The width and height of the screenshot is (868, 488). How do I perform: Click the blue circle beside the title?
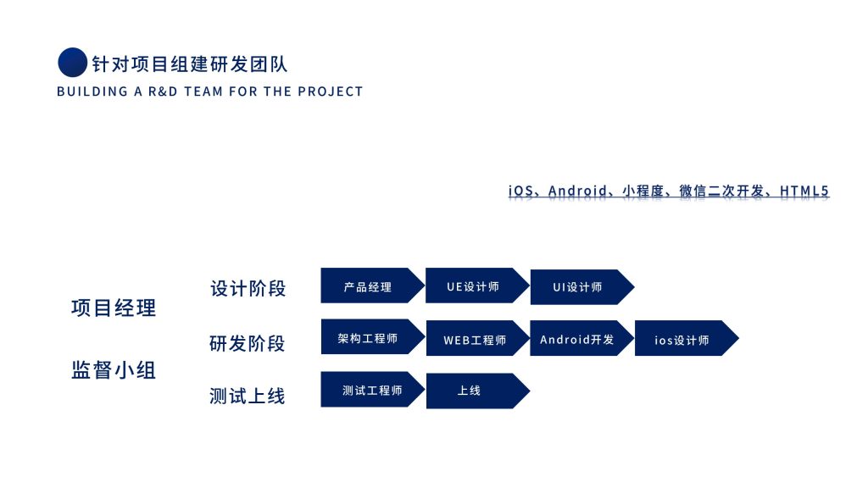click(x=72, y=63)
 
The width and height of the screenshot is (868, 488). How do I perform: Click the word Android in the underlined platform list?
click(x=577, y=191)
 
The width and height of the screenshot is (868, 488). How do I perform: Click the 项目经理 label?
click(x=114, y=308)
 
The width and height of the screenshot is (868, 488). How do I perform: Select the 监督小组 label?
click(x=114, y=369)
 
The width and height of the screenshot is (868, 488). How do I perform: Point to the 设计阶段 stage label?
click(x=248, y=288)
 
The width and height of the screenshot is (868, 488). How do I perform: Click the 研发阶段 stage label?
click(x=248, y=343)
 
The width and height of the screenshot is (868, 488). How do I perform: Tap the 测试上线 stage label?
click(x=248, y=396)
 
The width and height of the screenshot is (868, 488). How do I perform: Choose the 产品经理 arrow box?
click(x=369, y=286)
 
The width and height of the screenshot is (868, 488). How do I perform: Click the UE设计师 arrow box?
click(x=474, y=286)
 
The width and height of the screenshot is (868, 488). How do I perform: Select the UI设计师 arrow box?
click(x=578, y=287)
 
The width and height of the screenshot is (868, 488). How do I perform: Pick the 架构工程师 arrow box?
click(x=369, y=337)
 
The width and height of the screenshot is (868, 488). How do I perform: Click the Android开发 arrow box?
click(x=578, y=339)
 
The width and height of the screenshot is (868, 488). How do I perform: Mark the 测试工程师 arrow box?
click(x=370, y=390)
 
